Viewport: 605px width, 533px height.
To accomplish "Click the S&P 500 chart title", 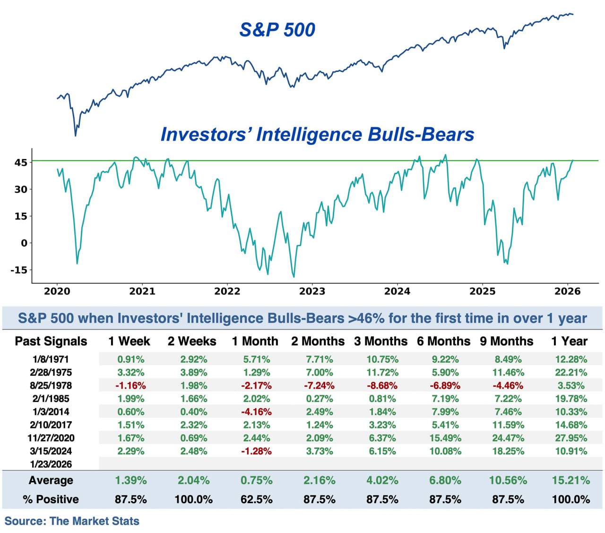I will coord(277,30).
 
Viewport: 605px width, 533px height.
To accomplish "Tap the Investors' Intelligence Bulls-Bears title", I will coord(317,134).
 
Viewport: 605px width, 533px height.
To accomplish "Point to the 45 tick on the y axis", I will coord(21,162).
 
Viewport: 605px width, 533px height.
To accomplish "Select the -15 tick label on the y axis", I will coord(19,270).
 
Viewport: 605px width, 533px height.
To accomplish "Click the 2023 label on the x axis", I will coord(312,292).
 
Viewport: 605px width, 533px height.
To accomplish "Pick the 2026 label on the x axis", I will coord(567,292).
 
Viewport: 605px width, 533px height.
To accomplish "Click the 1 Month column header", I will coord(255,341).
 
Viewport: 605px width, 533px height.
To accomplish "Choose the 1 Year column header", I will coord(569,341).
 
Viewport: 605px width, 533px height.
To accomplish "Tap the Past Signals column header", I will coord(51,341).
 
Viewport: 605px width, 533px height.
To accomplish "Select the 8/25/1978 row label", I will coord(51,386).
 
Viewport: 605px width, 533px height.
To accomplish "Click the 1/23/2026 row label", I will coord(51,464).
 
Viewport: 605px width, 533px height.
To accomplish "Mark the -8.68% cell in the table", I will coord(382,386).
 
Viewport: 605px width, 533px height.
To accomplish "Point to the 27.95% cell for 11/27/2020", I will coord(571,438).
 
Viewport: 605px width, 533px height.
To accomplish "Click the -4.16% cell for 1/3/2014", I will coord(256,412).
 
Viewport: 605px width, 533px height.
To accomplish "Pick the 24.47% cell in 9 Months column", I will coord(508,438).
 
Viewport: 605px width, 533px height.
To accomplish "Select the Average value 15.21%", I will coord(571,480).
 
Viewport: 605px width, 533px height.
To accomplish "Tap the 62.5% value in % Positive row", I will coord(256,499).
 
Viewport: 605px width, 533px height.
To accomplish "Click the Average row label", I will coord(51,480).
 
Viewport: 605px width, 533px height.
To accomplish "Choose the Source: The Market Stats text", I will coord(72,521).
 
